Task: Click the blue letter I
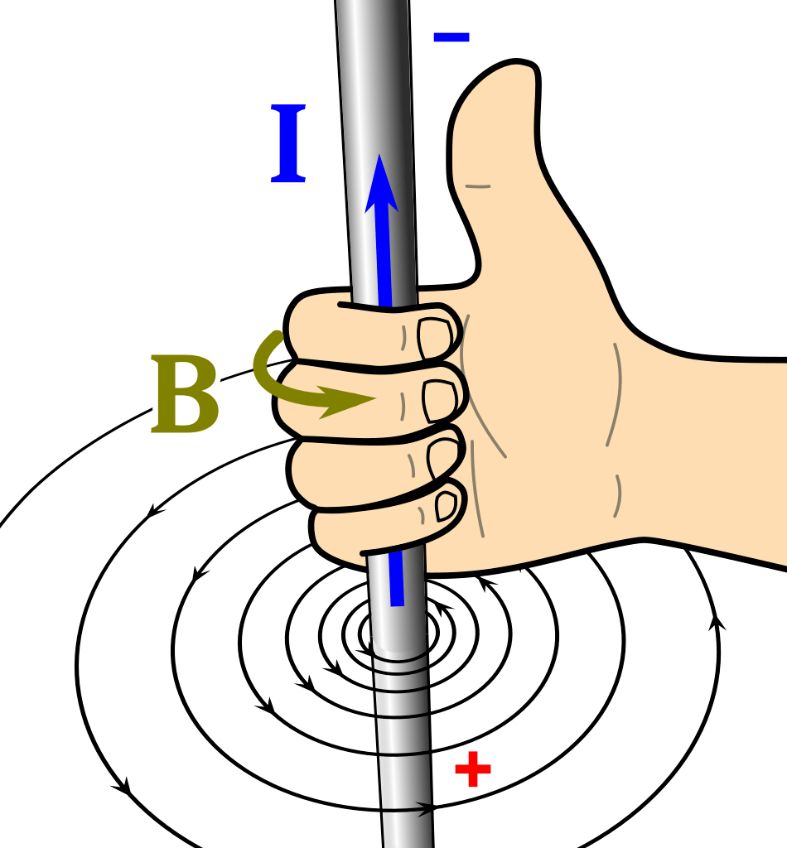click(x=288, y=144)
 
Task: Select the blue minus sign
click(x=451, y=36)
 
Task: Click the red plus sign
click(x=473, y=769)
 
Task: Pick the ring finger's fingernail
click(x=442, y=459)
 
